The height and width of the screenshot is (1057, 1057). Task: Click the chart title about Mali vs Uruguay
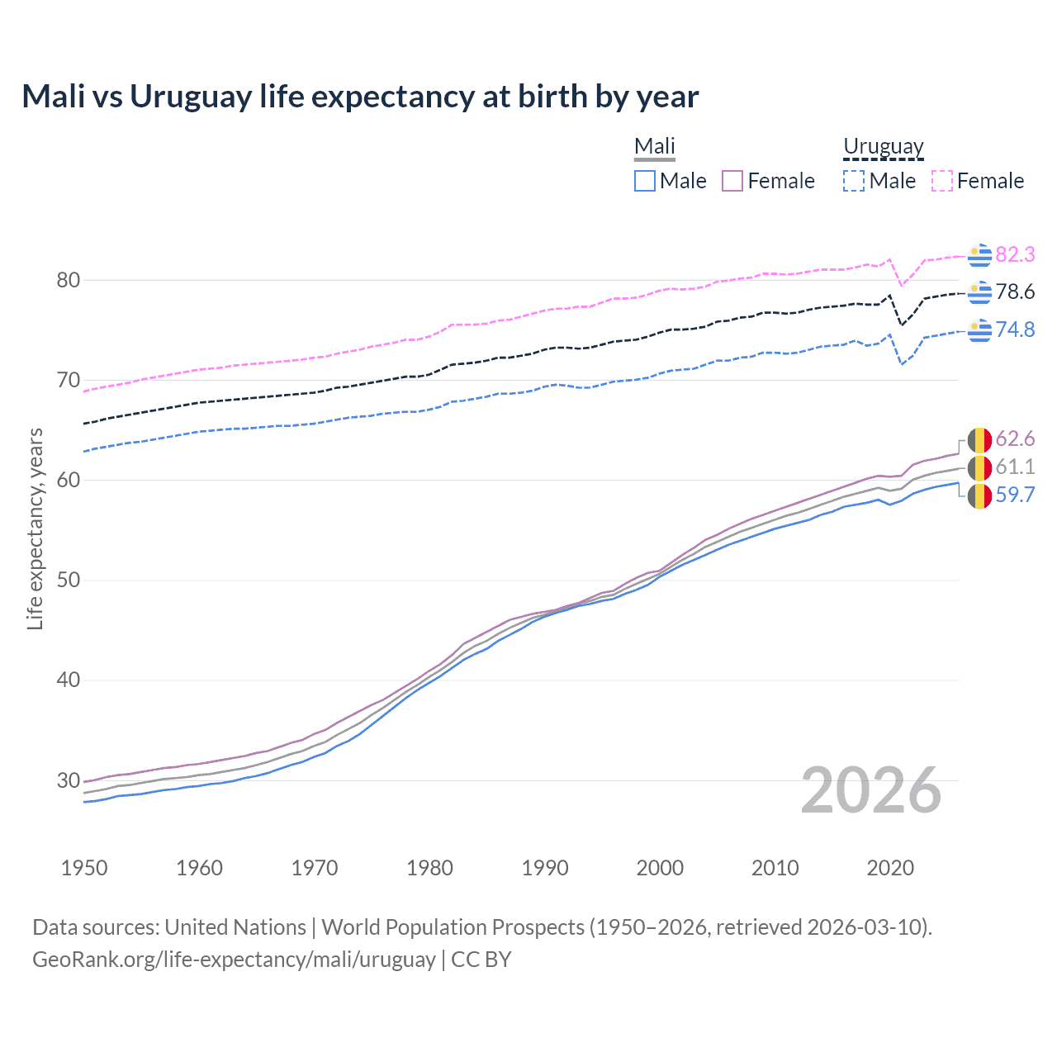click(x=360, y=97)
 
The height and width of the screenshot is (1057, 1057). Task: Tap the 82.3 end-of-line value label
click(x=1015, y=254)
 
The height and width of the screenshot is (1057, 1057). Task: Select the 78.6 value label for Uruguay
click(x=1015, y=292)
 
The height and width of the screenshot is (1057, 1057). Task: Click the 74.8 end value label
click(x=1015, y=329)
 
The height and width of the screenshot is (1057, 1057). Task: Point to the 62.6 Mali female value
click(x=1015, y=438)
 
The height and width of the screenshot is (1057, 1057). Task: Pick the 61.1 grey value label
click(x=1015, y=467)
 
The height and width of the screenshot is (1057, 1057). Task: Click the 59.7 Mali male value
click(x=1015, y=495)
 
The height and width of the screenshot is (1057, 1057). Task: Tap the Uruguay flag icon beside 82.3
click(x=979, y=255)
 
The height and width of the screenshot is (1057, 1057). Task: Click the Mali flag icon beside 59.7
click(x=979, y=495)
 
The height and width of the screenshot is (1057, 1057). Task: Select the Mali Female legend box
click(x=732, y=181)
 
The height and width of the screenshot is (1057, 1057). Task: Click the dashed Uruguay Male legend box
click(x=854, y=181)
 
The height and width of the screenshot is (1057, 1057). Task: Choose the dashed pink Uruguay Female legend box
click(x=942, y=181)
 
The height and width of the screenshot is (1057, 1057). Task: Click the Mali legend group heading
click(x=655, y=146)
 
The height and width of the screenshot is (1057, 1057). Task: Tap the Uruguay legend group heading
click(x=883, y=146)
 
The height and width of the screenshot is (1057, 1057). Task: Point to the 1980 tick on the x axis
click(x=429, y=868)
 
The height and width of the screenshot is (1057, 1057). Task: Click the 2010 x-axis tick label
click(x=775, y=868)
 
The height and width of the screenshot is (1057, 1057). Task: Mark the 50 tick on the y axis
click(x=69, y=580)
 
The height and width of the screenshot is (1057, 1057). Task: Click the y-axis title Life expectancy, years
click(x=35, y=528)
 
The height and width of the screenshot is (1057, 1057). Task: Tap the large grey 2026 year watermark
click(x=871, y=790)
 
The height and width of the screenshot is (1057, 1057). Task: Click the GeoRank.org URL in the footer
click(x=234, y=959)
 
